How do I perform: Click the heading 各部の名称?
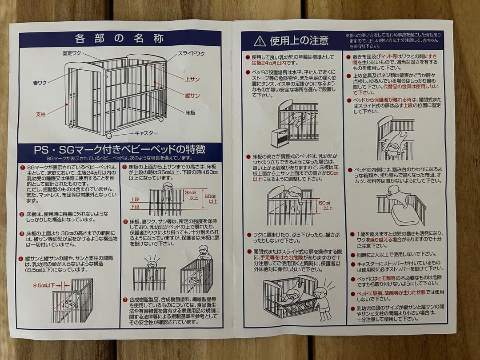tap(119, 38)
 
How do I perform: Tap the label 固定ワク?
tap(72, 53)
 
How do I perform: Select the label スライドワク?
tap(191, 54)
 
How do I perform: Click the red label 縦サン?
tap(192, 95)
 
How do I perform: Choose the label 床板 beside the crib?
tap(190, 113)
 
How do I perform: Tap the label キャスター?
tap(146, 133)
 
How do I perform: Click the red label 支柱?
tap(40, 114)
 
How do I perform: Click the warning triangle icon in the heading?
tap(260, 41)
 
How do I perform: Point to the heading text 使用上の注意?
tap(299, 41)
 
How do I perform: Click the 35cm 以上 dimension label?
tap(191, 195)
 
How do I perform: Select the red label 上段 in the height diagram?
tap(135, 200)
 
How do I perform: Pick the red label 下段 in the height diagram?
tap(135, 207)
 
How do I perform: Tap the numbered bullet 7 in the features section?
tap(125, 299)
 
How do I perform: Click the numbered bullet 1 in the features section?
tap(22, 167)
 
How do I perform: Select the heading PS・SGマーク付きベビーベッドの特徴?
tap(120, 149)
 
